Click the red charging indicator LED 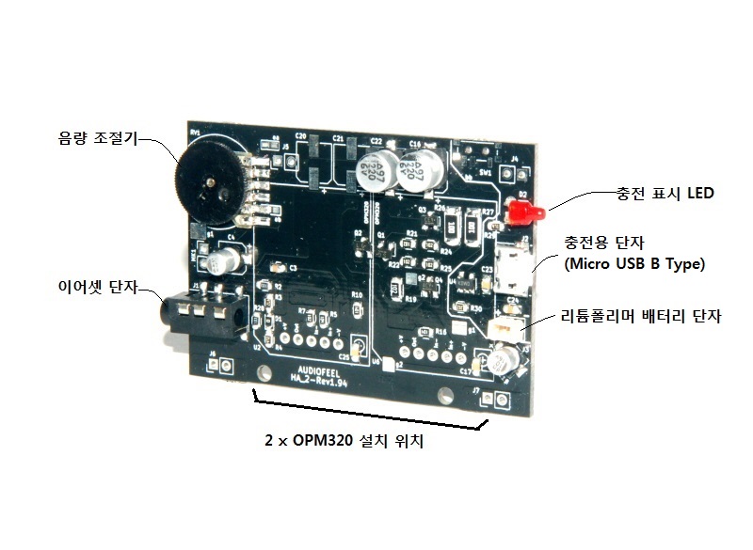pos(518,213)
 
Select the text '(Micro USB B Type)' pos(634,263)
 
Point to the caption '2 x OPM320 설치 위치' pos(344,441)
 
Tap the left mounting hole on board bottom pos(260,384)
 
